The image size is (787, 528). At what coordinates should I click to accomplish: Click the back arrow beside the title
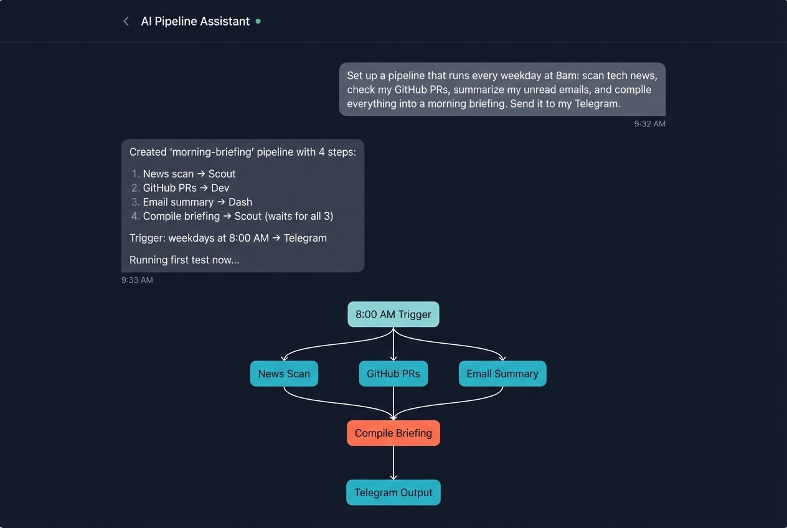(126, 21)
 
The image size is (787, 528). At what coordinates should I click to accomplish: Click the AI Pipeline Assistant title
(195, 21)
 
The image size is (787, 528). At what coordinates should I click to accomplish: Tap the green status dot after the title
(258, 21)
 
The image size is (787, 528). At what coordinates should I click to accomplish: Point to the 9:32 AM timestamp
(649, 124)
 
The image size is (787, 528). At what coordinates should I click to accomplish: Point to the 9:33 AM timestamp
(137, 280)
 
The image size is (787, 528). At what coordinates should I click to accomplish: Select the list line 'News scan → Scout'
(189, 174)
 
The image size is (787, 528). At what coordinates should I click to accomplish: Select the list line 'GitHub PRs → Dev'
(186, 187)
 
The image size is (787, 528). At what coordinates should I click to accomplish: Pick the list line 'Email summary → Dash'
(197, 202)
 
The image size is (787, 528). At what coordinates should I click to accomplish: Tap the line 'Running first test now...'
(184, 260)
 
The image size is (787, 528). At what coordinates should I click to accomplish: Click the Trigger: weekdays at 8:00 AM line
(227, 238)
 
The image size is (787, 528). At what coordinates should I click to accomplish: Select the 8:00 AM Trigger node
(393, 314)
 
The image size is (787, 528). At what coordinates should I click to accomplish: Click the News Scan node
(284, 374)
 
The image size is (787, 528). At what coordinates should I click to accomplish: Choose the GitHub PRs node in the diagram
(393, 374)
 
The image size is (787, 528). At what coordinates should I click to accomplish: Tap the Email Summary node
(502, 374)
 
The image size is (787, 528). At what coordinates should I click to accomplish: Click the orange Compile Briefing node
(393, 433)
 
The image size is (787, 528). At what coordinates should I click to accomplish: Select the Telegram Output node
(393, 493)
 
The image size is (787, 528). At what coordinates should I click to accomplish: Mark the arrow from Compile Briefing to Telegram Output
(393, 462)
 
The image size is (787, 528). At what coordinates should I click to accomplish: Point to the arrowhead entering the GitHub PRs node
(393, 358)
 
